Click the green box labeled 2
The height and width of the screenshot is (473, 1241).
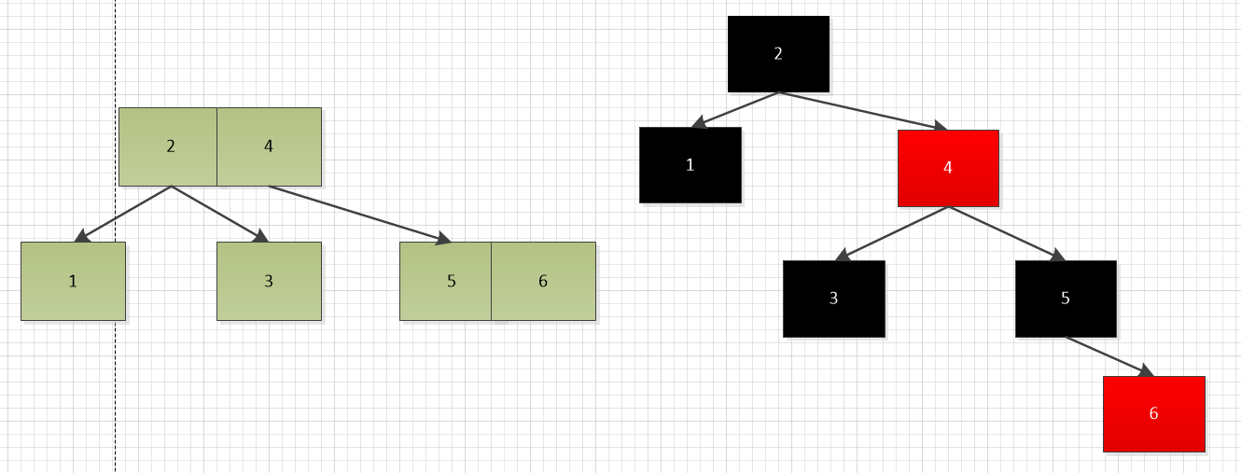[x=168, y=146]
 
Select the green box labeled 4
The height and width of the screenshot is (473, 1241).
[x=270, y=146]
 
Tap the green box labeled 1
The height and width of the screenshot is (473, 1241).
[x=73, y=281]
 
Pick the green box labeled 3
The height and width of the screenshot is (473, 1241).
[x=269, y=281]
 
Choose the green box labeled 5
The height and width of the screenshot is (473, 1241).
[x=446, y=281]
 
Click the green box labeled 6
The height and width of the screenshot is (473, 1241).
[x=544, y=281]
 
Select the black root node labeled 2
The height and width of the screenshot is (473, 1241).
[x=778, y=54]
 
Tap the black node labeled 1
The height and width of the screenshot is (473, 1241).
[x=690, y=165]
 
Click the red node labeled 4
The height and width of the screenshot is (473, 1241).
[x=948, y=168]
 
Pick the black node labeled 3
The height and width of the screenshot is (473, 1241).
[x=833, y=299]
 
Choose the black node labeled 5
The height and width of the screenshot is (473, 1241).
[x=1066, y=299]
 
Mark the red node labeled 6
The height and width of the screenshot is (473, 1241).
[x=1154, y=414]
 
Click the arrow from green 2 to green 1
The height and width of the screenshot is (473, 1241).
[x=123, y=214]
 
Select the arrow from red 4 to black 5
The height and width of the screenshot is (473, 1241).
[x=1006, y=233]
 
